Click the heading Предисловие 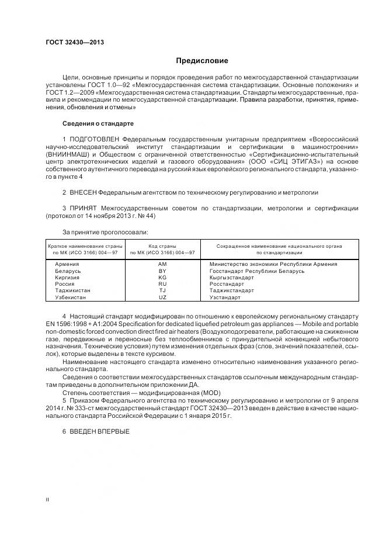(202, 61)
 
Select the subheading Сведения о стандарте (98, 124)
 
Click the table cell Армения (67, 264)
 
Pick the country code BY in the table (162, 271)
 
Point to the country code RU (162, 284)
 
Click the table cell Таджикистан (74, 290)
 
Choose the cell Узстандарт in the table (225, 297)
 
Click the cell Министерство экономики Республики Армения (273, 264)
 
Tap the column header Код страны (162, 246)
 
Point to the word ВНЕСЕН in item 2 (82, 192)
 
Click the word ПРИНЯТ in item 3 (82, 207)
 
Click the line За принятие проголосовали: (98, 231)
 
